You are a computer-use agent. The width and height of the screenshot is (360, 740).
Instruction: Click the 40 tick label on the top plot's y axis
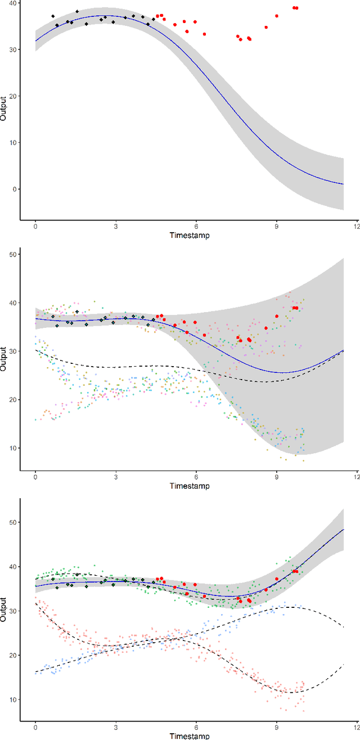click(x=13, y=3)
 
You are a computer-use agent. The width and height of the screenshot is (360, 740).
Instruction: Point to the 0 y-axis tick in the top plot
click(x=15, y=189)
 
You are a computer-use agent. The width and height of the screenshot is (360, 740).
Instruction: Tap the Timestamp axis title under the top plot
click(x=189, y=236)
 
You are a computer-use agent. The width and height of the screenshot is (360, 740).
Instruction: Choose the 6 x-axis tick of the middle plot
click(x=196, y=478)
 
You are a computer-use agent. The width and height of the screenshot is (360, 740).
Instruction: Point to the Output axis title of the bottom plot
click(x=4, y=610)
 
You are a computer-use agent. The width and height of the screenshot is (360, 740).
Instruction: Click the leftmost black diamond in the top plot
click(x=53, y=16)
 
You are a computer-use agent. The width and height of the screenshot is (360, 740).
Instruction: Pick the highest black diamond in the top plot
click(x=77, y=11)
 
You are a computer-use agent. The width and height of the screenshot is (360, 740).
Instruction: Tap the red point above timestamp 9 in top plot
click(x=276, y=16)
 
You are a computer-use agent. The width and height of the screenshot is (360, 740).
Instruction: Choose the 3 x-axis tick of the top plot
click(x=116, y=227)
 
